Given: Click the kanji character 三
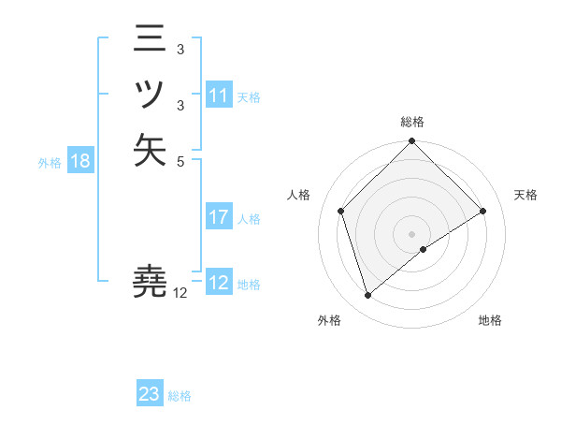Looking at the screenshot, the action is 151,38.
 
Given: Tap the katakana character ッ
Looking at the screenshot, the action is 151,95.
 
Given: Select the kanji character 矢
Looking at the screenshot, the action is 151,151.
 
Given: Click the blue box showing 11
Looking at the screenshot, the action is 218,95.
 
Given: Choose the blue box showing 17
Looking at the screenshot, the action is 218,218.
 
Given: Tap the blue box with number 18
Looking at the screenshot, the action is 79,161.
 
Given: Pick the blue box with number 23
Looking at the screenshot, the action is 150,394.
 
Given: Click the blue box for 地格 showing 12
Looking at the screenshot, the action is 218,283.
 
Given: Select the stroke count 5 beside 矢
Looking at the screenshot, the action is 180,160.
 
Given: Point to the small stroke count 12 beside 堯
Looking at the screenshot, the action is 180,292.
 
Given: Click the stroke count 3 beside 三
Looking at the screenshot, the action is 180,48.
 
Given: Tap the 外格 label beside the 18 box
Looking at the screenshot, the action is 50,162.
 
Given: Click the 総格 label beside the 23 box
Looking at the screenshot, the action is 180,396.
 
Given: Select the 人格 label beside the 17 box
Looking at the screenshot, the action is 250,219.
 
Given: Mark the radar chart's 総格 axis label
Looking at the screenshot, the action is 412,122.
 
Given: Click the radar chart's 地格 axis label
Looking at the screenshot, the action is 490,320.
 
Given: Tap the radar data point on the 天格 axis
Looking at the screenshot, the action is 483,211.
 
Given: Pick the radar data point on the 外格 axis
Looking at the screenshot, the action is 368,296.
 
